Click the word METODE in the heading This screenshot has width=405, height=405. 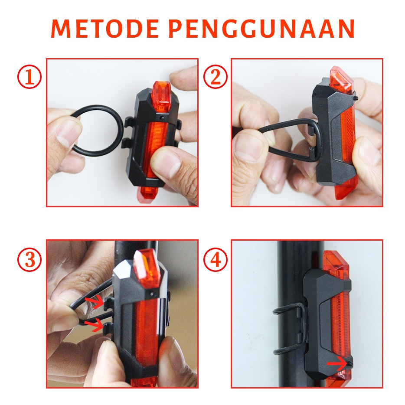click(105, 29)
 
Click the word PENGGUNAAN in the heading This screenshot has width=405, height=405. click(261, 29)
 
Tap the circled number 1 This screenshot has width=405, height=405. click(29, 77)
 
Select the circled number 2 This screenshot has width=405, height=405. click(216, 77)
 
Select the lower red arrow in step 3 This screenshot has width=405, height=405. click(95, 325)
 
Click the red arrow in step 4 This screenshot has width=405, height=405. click(336, 364)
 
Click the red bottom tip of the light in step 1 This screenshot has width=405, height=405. click(147, 193)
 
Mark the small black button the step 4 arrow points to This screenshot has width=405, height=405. click(350, 364)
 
